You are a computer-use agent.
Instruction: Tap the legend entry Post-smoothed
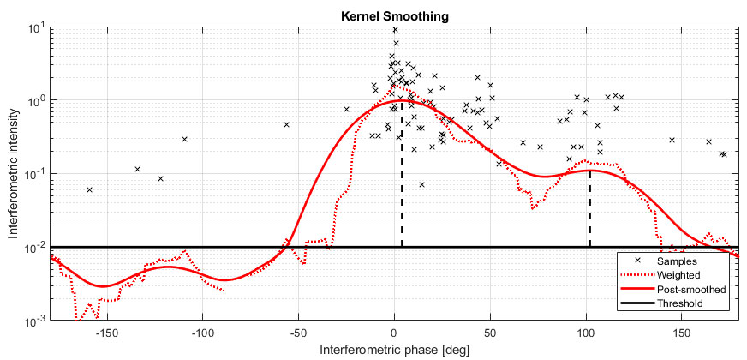[690, 289]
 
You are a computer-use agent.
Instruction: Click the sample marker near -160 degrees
[89, 189]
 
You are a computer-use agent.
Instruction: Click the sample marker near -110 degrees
[184, 139]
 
